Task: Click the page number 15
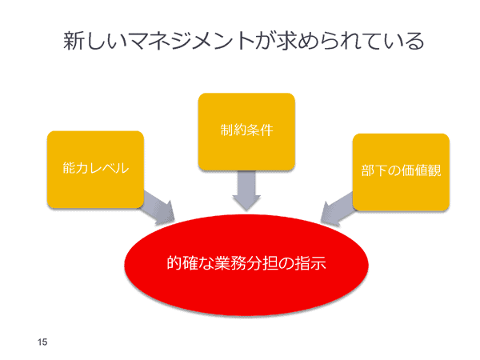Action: coord(42,342)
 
